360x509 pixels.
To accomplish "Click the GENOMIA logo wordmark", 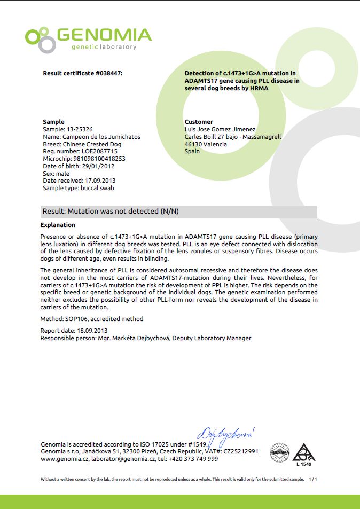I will (104, 35).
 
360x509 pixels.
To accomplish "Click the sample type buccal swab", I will (97, 188).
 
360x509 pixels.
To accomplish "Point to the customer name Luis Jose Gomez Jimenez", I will (220, 129).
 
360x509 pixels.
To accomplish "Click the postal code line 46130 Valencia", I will (206, 144).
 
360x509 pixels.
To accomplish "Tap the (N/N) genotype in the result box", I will (169, 212).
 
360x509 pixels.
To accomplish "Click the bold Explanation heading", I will (58, 225).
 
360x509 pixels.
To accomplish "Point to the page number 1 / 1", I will (314, 479).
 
